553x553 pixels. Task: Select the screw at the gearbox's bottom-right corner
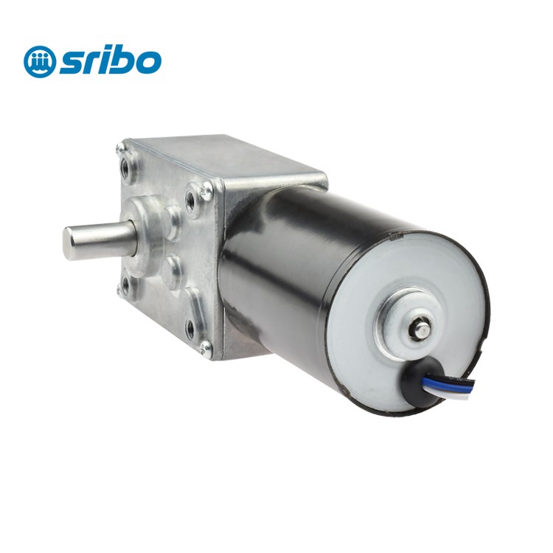(206, 346)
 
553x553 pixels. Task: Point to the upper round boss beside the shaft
(175, 220)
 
